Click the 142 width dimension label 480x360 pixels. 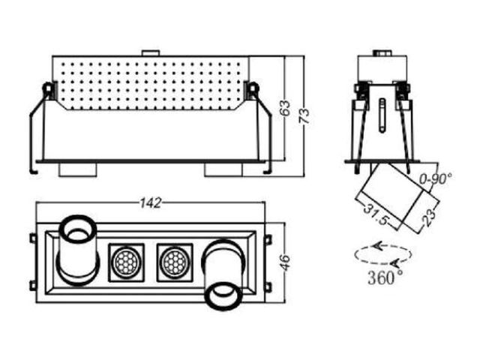(x=150, y=203)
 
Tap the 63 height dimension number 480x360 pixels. (x=285, y=108)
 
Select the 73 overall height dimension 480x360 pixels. (x=304, y=115)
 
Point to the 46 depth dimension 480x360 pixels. (x=285, y=262)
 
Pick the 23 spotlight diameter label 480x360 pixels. (x=429, y=217)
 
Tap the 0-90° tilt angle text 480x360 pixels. (x=436, y=178)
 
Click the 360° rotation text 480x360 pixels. (x=385, y=278)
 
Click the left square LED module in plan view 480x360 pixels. (x=126, y=262)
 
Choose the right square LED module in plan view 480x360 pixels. (x=175, y=262)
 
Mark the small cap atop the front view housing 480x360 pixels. (x=151, y=53)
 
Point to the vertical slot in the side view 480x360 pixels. (x=382, y=115)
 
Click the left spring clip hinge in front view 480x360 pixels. (x=48, y=90)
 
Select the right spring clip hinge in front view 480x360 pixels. (x=253, y=90)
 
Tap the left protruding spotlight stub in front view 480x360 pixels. (x=78, y=169)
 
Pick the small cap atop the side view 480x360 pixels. (x=382, y=52)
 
